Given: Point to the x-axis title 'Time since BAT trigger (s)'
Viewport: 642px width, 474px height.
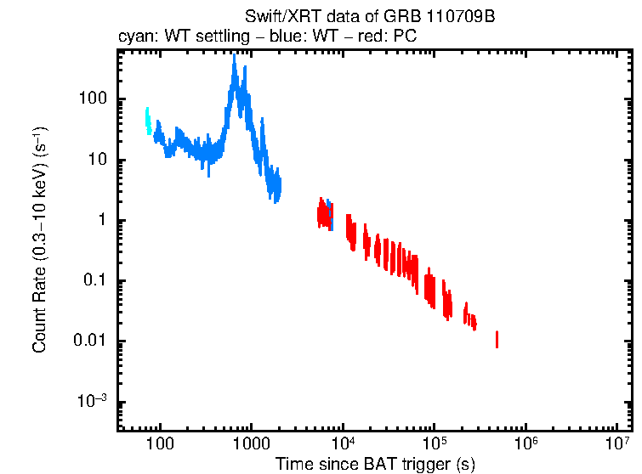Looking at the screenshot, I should coord(374,464).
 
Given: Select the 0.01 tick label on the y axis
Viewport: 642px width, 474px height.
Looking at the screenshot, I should coord(87,341).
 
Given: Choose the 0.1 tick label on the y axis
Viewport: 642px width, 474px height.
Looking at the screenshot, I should coord(92,281).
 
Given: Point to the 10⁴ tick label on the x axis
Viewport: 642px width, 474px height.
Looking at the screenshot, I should coord(343,443).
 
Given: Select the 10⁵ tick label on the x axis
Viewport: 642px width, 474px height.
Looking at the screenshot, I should coord(435,443).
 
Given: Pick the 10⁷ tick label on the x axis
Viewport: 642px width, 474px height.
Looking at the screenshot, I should coord(617,443).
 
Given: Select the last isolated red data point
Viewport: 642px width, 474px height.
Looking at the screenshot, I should coord(497,340).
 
